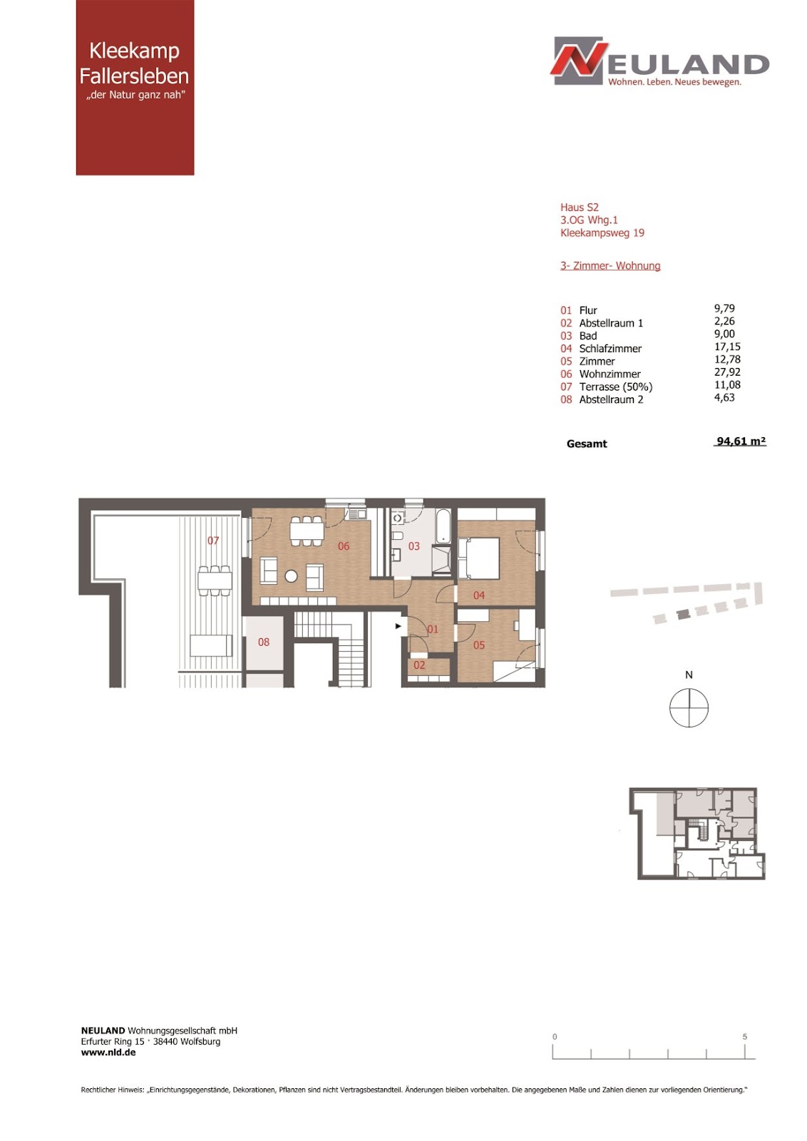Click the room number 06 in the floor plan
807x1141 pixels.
[x=344, y=546]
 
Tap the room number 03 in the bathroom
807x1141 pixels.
[x=414, y=546]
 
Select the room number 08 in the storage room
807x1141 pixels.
[x=264, y=643]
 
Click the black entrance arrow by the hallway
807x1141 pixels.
[x=399, y=626]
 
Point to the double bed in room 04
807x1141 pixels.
[x=478, y=558]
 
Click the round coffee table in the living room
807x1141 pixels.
[x=292, y=576]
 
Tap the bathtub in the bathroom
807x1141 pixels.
[x=443, y=526]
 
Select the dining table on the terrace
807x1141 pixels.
[x=215, y=581]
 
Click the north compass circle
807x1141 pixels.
[x=689, y=707]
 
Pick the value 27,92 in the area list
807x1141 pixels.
[x=727, y=372]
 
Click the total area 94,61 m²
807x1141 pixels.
[x=741, y=441]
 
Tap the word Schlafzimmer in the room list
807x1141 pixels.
[x=610, y=349]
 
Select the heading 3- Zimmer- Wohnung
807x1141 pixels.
[x=610, y=266]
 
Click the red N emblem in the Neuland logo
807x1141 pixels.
[x=579, y=60]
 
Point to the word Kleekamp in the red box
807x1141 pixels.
[x=135, y=51]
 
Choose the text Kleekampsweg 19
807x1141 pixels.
[x=602, y=233]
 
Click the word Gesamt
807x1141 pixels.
[x=587, y=444]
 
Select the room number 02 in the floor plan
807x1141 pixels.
[x=419, y=665]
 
